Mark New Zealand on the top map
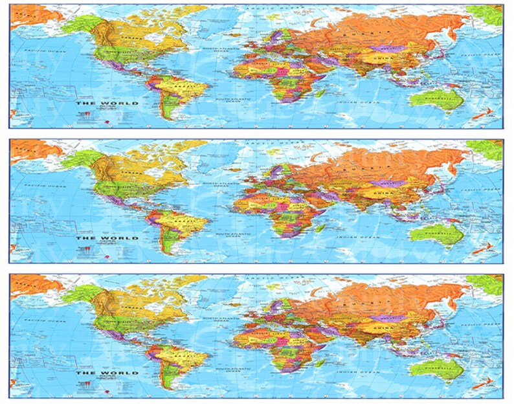[x=480, y=114]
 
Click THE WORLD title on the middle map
[x=98, y=238]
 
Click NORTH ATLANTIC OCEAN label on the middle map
[x=217, y=185]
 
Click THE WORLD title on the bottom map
[x=98, y=373]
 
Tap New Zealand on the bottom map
[x=480, y=384]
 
